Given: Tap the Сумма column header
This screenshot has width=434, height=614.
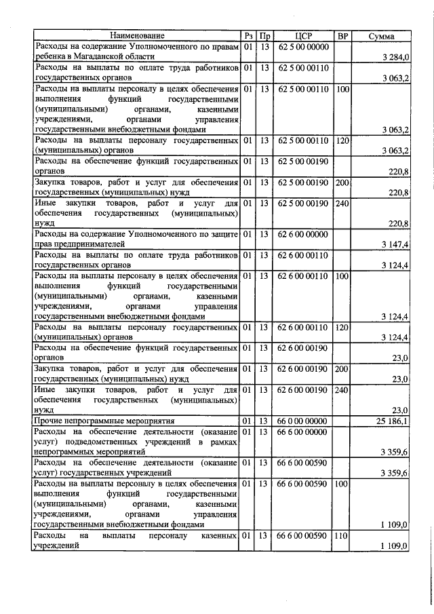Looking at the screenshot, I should tap(382, 36).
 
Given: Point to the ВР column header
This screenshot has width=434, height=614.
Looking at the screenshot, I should tap(342, 36).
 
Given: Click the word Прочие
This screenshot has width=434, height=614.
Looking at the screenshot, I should tap(50, 421).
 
